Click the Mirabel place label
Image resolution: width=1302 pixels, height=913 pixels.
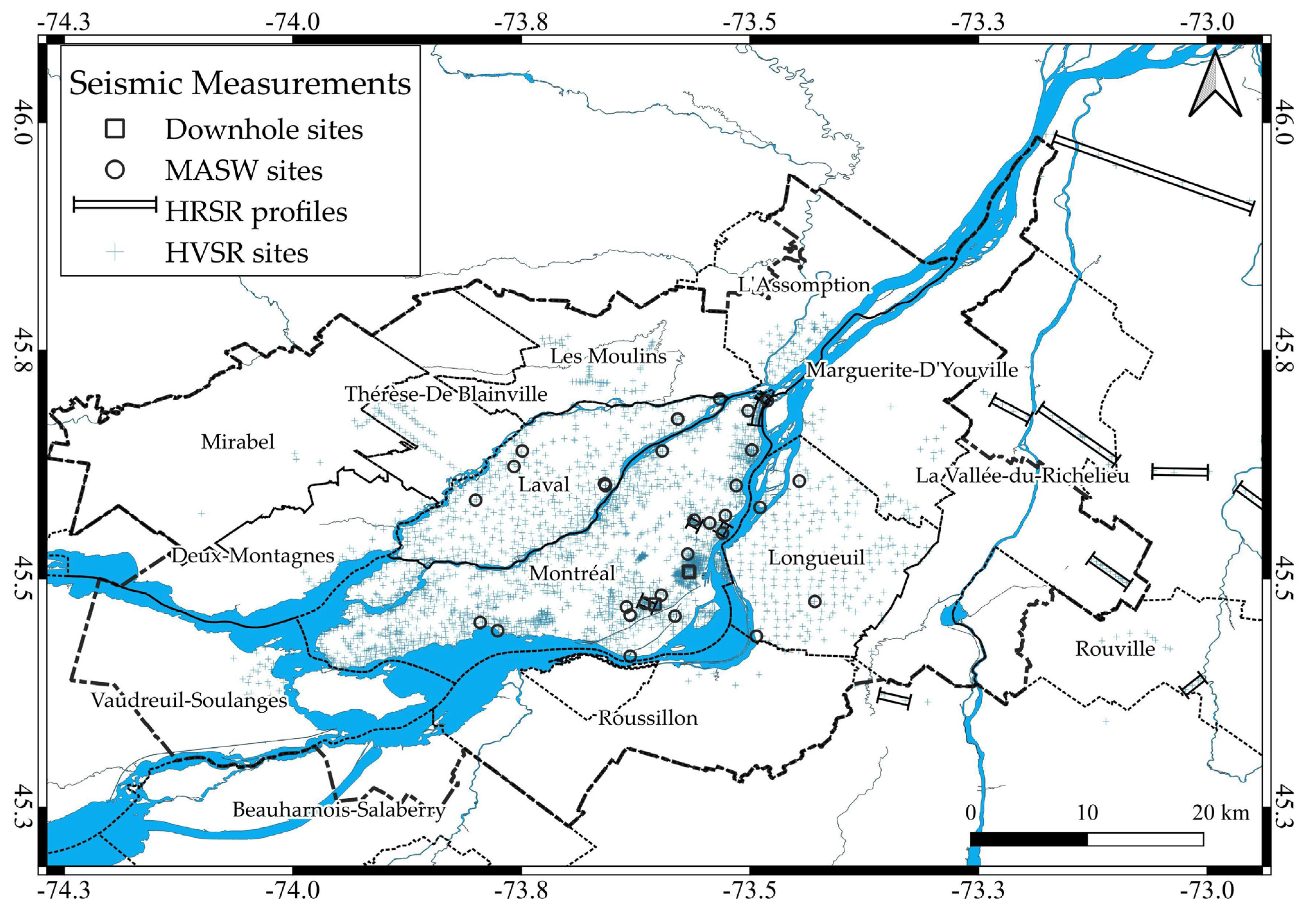pos(238,442)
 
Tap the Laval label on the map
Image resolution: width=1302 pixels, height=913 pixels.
pos(544,485)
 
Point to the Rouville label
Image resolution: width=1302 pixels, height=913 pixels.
pos(1115,649)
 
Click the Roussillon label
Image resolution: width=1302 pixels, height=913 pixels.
pos(647,719)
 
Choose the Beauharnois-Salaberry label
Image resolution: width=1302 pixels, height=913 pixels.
pos(339,810)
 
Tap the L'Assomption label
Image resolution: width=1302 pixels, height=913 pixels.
pos(804,285)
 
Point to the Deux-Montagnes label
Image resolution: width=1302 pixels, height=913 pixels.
pos(252,556)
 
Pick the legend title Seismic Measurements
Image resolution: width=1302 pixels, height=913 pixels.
pos(240,83)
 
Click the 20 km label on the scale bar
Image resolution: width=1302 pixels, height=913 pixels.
pos(1220,813)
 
